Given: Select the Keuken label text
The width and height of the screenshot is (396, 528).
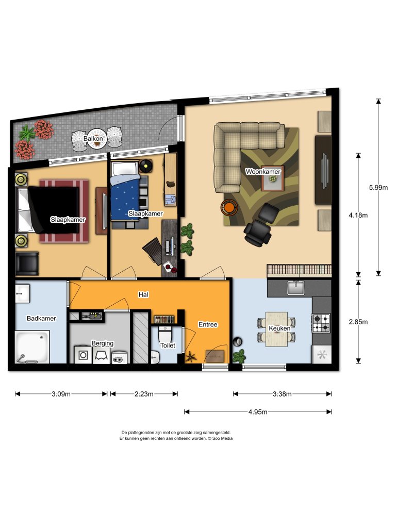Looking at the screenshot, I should [x=279, y=328].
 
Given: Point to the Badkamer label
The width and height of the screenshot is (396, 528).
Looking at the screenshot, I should [x=41, y=318].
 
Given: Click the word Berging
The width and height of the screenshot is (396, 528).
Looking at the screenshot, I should [x=102, y=343].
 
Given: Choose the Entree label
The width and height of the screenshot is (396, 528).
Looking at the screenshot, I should [x=208, y=324].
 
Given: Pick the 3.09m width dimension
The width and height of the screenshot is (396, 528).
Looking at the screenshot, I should [x=61, y=394].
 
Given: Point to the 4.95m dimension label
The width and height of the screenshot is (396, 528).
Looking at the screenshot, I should [x=258, y=411].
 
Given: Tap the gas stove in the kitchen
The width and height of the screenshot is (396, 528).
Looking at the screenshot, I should [x=320, y=323].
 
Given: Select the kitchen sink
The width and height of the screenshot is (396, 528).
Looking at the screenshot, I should [x=296, y=288].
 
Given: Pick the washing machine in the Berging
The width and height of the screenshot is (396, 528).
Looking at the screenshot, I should [x=82, y=354].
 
